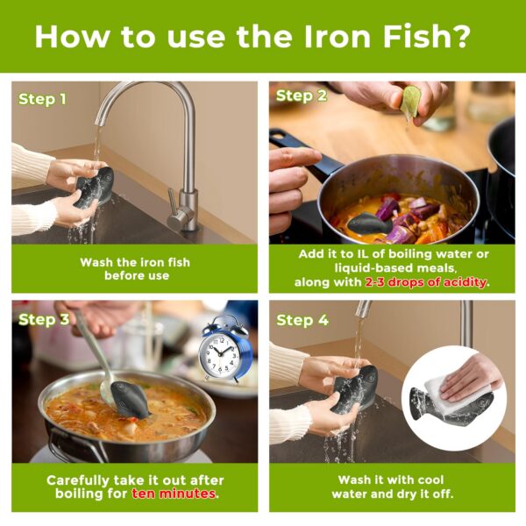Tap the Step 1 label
[42, 99]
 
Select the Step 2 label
[300, 96]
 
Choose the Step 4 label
[302, 320]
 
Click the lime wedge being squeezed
[410, 104]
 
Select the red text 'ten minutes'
[174, 494]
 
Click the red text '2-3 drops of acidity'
[427, 282]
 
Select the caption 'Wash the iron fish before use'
[134, 269]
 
